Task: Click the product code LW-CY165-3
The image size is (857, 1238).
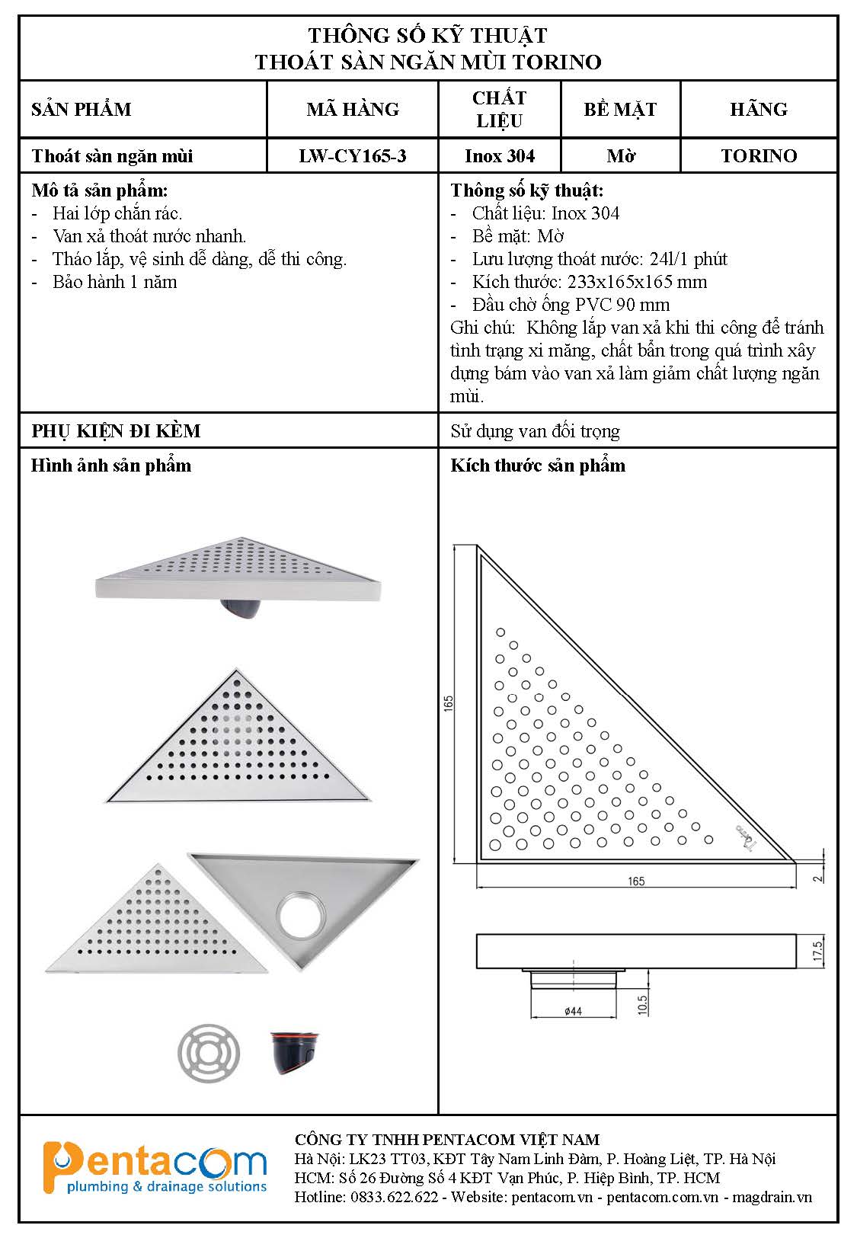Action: (352, 156)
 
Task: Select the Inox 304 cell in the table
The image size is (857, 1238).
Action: (500, 156)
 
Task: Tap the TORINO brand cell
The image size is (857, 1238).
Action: (759, 156)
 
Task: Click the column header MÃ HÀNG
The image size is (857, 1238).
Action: (353, 110)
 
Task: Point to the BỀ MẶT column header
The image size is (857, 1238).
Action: (620, 110)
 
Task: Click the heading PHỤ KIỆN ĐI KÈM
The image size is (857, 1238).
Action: (116, 431)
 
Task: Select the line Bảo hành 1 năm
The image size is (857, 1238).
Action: (114, 282)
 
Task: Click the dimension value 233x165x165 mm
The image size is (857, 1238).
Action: (637, 282)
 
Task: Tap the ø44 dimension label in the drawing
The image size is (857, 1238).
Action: (573, 1011)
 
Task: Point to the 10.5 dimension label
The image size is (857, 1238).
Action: (642, 1004)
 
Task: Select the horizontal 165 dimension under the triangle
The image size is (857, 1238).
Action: (636, 881)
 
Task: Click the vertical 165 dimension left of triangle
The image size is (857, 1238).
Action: (449, 702)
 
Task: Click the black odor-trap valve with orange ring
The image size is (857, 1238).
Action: (295, 1052)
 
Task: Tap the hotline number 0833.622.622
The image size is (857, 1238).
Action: (394, 1197)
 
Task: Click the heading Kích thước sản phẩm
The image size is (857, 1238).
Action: (538, 465)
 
